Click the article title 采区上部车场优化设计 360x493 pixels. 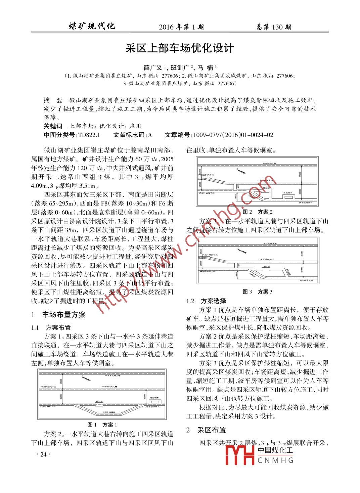(180, 48)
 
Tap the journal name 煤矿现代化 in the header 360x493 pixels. (92, 26)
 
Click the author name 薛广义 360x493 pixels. (153, 67)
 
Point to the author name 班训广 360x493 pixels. (181, 67)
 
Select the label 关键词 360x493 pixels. (53, 126)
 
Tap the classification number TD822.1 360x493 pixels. (89, 135)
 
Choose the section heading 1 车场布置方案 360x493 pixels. (58, 315)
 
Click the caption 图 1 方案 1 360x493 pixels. (102, 424)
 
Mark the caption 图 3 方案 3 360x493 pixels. (257, 292)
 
